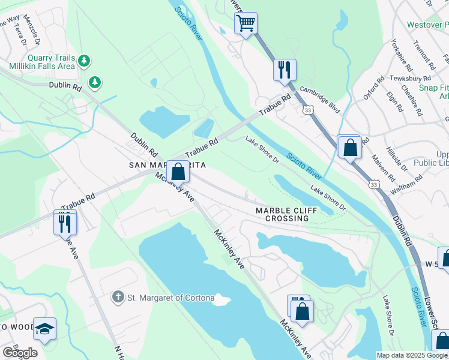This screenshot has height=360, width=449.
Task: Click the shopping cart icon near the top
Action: click(246, 24)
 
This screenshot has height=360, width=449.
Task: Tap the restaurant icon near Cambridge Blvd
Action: click(285, 70)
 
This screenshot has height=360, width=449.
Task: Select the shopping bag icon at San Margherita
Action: click(178, 172)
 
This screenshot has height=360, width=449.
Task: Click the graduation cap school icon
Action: click(44, 328)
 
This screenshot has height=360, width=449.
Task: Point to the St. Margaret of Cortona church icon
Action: click(119, 296)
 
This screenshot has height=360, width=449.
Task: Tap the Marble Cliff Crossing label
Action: click(282, 214)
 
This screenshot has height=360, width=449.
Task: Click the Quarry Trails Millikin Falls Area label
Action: click(42, 62)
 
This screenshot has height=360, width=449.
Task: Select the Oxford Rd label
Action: click(373, 88)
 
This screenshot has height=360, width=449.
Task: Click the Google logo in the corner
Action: click(20, 353)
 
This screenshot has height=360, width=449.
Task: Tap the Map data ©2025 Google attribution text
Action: click(412, 355)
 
